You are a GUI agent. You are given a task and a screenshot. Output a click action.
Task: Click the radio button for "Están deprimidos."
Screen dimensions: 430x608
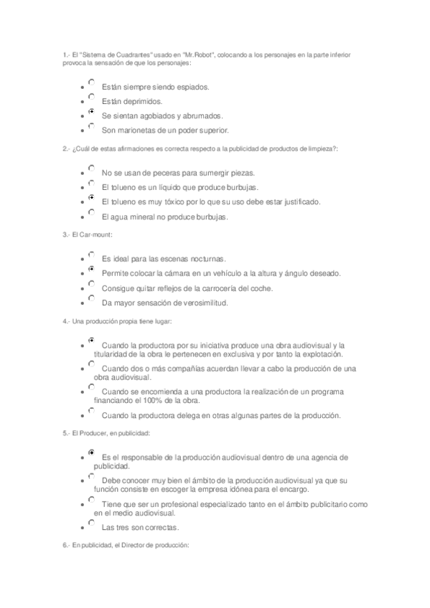(91, 98)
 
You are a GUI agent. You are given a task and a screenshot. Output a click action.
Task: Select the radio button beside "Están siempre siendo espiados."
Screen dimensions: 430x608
(91, 83)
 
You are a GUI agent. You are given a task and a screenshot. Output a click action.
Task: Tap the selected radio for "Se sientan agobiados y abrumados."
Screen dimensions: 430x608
(91, 112)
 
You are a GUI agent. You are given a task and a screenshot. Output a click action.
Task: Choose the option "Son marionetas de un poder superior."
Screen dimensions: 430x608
(91, 126)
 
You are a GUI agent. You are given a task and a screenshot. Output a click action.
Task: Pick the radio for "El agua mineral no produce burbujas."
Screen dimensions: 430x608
(91, 213)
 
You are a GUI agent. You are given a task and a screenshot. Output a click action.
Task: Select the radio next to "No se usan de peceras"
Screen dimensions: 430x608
(91, 169)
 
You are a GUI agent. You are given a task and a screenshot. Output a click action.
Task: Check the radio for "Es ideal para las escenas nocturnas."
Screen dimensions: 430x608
(91, 255)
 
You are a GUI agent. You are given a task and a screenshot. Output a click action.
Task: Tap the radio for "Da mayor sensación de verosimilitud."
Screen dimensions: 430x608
(91, 298)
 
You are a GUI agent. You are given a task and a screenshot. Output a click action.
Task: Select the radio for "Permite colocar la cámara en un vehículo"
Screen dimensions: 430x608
(91, 270)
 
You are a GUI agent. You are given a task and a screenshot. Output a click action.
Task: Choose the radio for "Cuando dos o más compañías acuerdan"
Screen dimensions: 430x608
(91, 364)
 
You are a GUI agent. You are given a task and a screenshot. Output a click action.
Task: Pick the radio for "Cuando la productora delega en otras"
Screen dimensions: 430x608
(91, 411)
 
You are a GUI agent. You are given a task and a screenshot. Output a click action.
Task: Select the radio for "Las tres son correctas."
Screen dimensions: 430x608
(91, 523)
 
